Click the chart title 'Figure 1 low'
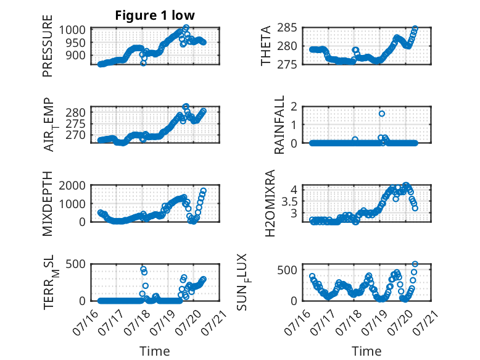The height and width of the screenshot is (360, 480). coord(155,15)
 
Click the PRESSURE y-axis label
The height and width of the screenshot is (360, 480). coord(48,46)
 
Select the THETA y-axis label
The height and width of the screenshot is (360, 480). coord(266,46)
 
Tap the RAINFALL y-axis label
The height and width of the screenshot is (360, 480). coord(279,125)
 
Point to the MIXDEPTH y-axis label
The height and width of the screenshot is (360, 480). coord(48,204)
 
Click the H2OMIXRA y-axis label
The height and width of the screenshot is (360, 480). coord(270,203)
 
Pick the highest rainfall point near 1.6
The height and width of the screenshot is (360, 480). coord(382,114)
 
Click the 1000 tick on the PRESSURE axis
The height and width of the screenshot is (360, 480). coord(72,30)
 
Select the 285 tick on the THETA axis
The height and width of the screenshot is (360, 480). coord(287,28)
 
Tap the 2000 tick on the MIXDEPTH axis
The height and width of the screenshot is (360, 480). coord(72,185)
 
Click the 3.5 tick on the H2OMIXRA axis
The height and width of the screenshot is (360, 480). coord(289,201)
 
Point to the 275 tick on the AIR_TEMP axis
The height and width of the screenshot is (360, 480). coord(76,123)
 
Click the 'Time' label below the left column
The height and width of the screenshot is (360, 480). coord(155,351)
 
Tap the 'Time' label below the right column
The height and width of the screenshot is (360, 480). coord(366,351)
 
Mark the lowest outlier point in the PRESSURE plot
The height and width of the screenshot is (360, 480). coord(143,63)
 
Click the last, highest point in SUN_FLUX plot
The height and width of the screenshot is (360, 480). coord(415,264)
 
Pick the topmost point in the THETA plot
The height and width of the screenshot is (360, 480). coord(415,28)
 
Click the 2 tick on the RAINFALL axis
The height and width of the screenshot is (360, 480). coord(294,107)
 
